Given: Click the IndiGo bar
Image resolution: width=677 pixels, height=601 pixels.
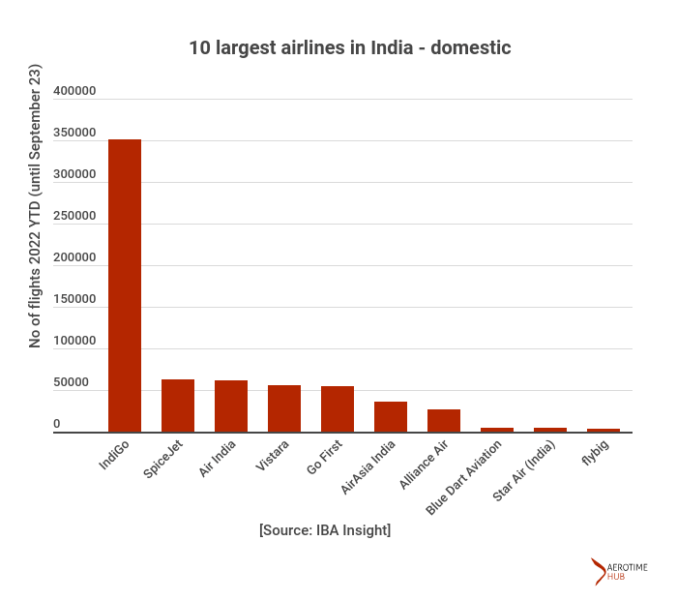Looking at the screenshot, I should tap(125, 285).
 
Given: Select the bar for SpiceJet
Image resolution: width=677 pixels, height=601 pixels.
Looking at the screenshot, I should tap(178, 406).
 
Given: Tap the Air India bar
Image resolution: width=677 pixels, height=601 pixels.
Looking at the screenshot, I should tap(231, 406).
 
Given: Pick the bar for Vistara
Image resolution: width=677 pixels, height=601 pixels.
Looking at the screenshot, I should tap(284, 408).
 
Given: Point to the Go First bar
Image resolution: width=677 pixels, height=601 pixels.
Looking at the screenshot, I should tap(338, 409).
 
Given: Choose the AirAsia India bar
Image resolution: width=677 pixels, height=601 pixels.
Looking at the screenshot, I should tap(391, 417).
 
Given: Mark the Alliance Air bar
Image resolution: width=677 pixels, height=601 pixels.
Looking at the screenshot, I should tap(444, 421).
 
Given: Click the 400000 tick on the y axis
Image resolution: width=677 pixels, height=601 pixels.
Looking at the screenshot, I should tap(74, 92).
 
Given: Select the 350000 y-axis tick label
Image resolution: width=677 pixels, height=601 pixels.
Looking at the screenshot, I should tap(74, 134).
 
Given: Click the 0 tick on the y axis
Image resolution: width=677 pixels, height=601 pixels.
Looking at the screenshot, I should tap(57, 424).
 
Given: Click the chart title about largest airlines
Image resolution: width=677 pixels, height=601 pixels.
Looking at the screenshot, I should tap(349, 47).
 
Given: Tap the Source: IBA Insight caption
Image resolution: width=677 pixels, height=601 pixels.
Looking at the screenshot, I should tap(325, 530).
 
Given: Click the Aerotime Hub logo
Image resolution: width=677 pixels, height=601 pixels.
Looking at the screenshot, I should tap(619, 572).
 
